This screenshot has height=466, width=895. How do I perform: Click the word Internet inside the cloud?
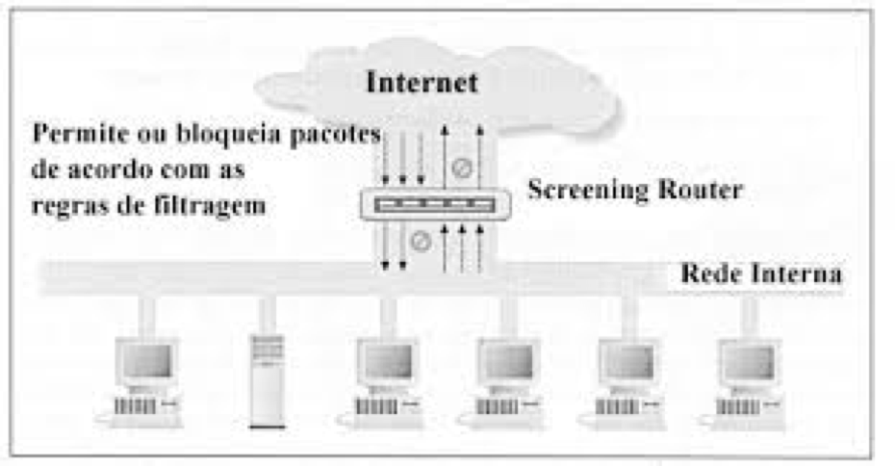(x=422, y=82)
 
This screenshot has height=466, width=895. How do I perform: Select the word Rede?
(x=709, y=273)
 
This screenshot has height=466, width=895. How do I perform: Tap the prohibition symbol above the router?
(x=463, y=167)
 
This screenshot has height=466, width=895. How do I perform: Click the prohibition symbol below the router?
(x=421, y=242)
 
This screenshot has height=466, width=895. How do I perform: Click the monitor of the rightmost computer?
(x=749, y=361)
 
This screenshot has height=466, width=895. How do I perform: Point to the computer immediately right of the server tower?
(x=387, y=380)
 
